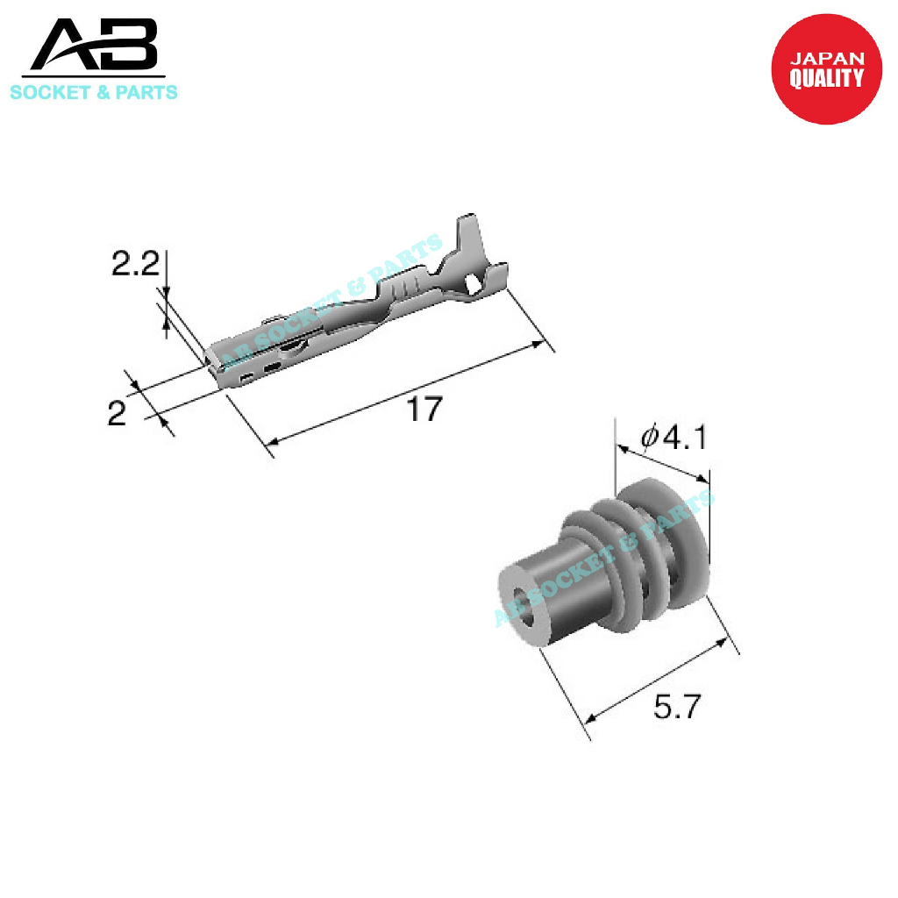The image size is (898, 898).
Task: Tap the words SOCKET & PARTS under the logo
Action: (93, 92)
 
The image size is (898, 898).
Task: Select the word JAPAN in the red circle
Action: (827, 59)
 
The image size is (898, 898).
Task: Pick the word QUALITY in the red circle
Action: (826, 79)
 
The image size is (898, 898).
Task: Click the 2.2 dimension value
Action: (135, 264)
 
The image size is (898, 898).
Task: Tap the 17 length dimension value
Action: (424, 409)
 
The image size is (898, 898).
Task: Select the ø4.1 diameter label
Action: (673, 435)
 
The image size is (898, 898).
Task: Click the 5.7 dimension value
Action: (678, 706)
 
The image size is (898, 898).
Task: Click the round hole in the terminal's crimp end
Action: (474, 285)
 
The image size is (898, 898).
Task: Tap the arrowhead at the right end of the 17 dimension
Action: (540, 346)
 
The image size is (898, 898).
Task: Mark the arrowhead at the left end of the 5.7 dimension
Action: (590, 718)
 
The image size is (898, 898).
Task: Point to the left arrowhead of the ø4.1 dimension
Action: (622, 448)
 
